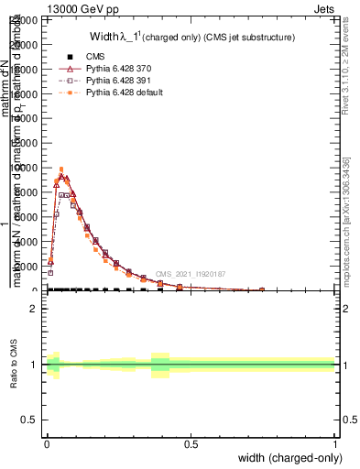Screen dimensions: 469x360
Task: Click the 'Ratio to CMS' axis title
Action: [x=15, y=365]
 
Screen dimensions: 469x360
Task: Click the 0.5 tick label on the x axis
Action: [x=191, y=443]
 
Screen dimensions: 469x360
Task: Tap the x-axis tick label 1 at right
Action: [x=335, y=443]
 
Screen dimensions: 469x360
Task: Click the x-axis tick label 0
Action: [x=47, y=443]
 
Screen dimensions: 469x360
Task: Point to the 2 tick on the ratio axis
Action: [x=34, y=310]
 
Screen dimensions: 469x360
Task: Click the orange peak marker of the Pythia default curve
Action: [x=61, y=169]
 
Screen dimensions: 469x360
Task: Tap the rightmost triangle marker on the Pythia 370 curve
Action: [x=262, y=289]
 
